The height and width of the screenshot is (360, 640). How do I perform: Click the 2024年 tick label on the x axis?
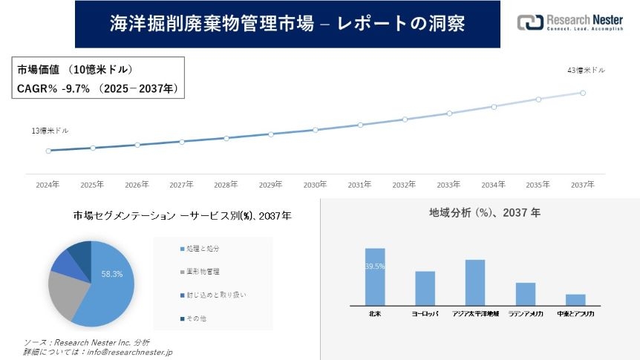[48, 184]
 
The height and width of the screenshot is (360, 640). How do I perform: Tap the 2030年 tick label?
[315, 184]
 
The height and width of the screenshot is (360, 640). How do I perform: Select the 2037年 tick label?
[583, 184]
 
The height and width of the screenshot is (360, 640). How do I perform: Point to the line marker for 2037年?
[583, 93]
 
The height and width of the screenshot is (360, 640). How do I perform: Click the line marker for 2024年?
[48, 151]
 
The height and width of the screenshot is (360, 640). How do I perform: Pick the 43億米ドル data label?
[586, 71]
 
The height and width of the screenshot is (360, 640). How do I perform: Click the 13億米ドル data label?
[50, 131]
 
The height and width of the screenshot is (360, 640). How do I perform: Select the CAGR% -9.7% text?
[53, 88]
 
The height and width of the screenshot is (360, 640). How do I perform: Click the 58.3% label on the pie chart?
[112, 274]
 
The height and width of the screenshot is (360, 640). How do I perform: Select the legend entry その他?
[195, 319]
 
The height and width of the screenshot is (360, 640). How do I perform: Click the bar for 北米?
[375, 277]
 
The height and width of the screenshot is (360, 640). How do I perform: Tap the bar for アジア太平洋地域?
[475, 283]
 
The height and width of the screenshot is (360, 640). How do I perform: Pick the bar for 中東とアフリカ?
[575, 300]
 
